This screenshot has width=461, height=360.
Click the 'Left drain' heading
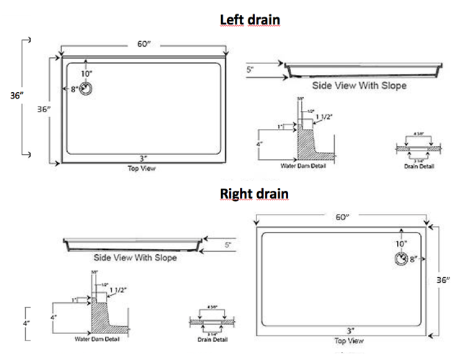249,20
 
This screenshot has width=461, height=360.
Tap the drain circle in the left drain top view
86,89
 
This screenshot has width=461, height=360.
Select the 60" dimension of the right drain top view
341,216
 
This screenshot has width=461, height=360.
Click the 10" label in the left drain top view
86,73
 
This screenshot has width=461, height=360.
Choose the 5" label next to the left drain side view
250,70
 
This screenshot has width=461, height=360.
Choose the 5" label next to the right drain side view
228,246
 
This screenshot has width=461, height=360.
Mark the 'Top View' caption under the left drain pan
140,168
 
